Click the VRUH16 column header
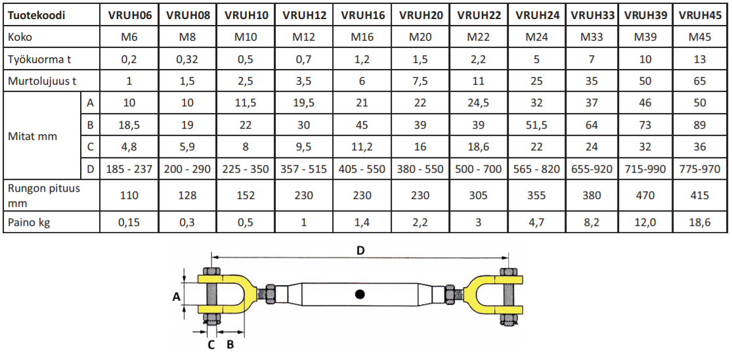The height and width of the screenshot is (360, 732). [363, 15]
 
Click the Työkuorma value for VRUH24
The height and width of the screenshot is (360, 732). [536, 59]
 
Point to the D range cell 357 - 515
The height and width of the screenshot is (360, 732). [304, 169]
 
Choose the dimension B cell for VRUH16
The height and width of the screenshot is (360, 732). [363, 125]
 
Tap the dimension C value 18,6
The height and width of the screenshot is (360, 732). [479, 147]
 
